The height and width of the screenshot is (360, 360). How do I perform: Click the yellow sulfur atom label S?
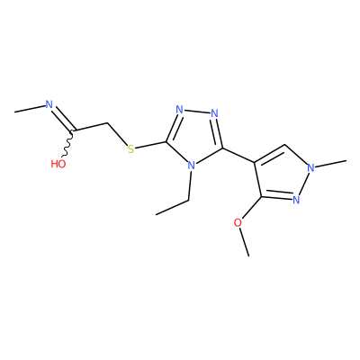pos(130,149)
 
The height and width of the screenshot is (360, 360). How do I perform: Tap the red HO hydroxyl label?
pos(58,164)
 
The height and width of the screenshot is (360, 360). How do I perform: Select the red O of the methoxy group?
pos(238,223)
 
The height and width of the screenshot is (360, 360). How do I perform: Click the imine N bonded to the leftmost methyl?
pos(49,104)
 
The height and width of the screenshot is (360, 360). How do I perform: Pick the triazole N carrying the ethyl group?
pos(192,166)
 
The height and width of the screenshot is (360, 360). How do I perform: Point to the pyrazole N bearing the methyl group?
pos(310,167)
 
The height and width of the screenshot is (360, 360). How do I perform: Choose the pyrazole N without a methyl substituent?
pos(296,200)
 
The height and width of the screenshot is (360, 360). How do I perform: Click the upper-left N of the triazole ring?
pos(180,110)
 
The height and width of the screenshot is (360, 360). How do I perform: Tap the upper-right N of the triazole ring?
pos(214,113)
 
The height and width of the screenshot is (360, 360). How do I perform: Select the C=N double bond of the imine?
pos(63,119)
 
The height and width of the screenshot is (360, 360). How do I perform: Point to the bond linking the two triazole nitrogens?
pos(197,112)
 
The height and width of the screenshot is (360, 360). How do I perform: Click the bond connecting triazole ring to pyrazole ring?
pos(238,156)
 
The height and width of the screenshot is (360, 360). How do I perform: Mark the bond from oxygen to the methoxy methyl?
pos(244,242)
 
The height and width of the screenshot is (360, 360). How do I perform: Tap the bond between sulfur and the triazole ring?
pos(150,145)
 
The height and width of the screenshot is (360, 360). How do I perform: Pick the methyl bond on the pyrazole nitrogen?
pos(331,165)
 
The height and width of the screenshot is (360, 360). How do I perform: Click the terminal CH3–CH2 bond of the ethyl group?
pos(172,207)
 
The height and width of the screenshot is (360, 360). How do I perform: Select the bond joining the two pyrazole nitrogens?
pos(303,184)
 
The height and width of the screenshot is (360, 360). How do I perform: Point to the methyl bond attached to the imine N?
pos(30,109)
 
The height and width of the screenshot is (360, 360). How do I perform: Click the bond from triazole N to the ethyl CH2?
pos(190,185)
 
